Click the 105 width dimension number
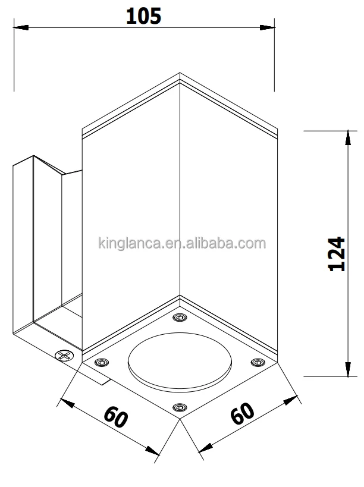point(143,16)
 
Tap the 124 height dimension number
point(337,254)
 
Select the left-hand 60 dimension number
point(115,417)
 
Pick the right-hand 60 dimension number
point(242,413)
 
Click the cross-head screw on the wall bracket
point(65,356)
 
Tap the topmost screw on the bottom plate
point(180,318)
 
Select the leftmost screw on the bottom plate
point(102,363)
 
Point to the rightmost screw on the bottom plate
point(258,362)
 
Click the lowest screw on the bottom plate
point(180,407)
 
